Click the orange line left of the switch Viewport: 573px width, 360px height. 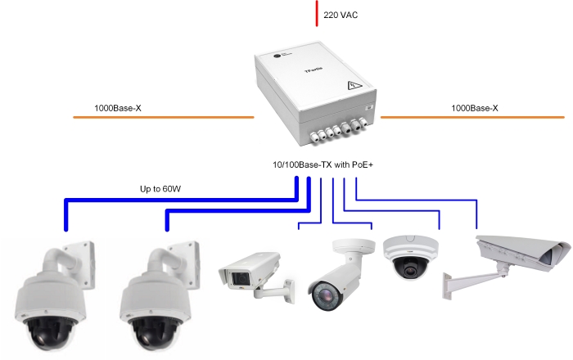point(164,119)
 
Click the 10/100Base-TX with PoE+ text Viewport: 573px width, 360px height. point(316,165)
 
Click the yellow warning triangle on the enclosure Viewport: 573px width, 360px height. point(355,85)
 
